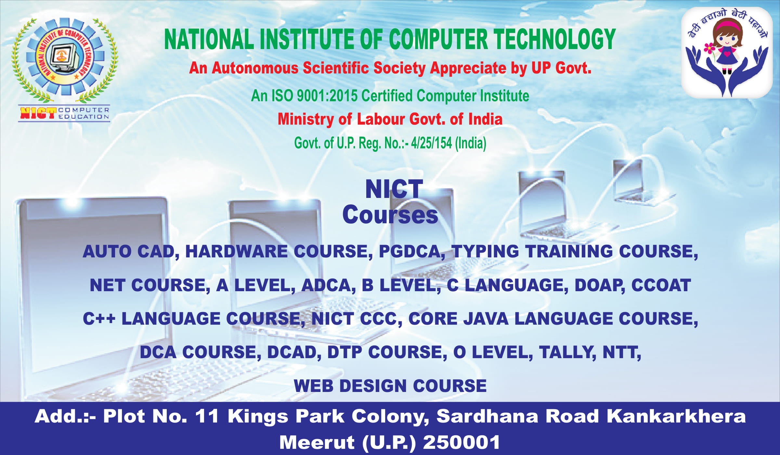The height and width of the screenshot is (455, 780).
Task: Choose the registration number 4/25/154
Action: coord(431,143)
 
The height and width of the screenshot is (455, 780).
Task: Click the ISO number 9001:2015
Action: coord(327,96)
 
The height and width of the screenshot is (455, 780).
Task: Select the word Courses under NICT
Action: coord(390,215)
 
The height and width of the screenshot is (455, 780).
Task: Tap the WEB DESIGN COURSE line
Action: coord(390,386)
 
